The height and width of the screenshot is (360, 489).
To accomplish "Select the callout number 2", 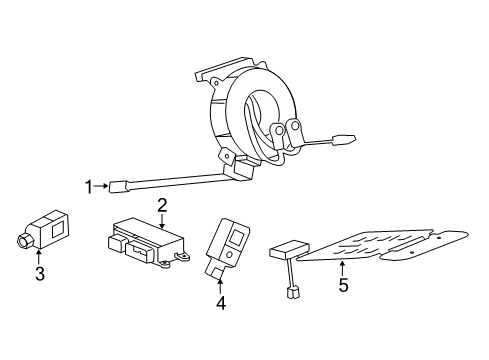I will click(x=160, y=205).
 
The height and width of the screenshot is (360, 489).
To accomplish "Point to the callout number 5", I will click(x=342, y=286).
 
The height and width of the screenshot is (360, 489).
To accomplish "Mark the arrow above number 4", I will click(x=221, y=281).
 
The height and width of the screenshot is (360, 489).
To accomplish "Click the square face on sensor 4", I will click(x=237, y=238).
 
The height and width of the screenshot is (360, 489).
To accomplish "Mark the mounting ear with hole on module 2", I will click(x=183, y=258).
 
